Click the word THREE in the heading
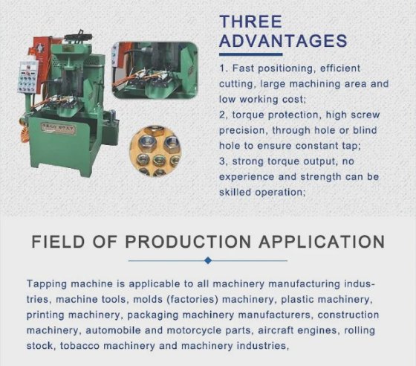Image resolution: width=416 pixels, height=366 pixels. [250, 22]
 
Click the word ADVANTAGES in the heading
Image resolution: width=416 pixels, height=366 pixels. [283, 41]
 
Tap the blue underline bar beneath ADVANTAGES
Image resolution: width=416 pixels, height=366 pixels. [251, 54]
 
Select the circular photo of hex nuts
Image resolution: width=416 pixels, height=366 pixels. [155, 150]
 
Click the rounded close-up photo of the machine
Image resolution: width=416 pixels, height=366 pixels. [155, 71]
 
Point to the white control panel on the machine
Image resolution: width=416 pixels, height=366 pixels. [27, 77]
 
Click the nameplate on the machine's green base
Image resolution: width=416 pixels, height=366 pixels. [59, 129]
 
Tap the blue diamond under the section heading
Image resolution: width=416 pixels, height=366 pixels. [208, 260]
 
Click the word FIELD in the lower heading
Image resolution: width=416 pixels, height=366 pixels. [58, 242]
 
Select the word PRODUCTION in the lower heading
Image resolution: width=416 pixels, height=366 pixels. [188, 242]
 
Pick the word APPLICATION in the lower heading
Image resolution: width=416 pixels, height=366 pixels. [322, 242]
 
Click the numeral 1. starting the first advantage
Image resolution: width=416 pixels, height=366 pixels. [224, 68]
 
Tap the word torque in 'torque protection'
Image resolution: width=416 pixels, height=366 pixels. [248, 115]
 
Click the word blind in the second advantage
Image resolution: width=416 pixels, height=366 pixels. [365, 130]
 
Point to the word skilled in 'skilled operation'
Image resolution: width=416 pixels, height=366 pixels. [235, 192]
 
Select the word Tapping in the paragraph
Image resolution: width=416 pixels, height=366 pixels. [47, 284]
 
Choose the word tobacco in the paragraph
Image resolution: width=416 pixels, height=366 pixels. [79, 346]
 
